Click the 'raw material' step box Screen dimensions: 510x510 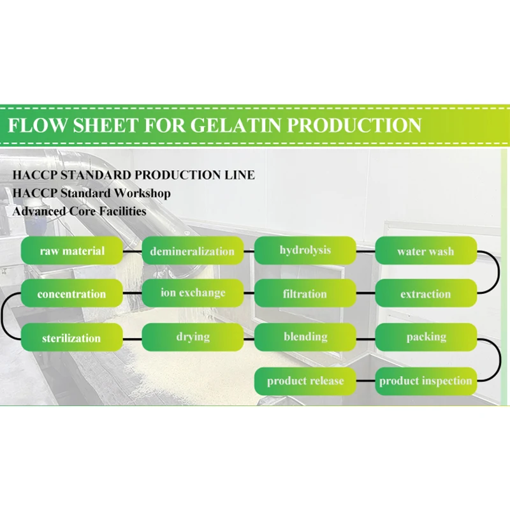coord(71,251)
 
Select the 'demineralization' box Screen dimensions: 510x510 coord(192,251)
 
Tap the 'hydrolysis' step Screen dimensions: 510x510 coord(305,250)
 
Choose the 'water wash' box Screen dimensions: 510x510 coord(425,251)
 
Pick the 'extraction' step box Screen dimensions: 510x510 coord(425,294)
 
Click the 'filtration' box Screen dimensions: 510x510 coord(305,294)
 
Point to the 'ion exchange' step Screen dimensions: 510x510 coord(192,293)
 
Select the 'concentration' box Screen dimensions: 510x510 coord(71,294)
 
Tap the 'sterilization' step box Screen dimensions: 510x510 coord(71,337)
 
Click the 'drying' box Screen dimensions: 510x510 coord(192,337)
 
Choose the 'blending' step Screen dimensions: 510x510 coord(305,337)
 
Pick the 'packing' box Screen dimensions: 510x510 coord(425,337)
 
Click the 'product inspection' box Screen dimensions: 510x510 coord(425,381)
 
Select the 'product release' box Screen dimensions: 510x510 coord(305,381)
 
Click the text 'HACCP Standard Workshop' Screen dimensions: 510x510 coord(91,193)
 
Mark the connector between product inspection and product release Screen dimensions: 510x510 coord(365,381)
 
